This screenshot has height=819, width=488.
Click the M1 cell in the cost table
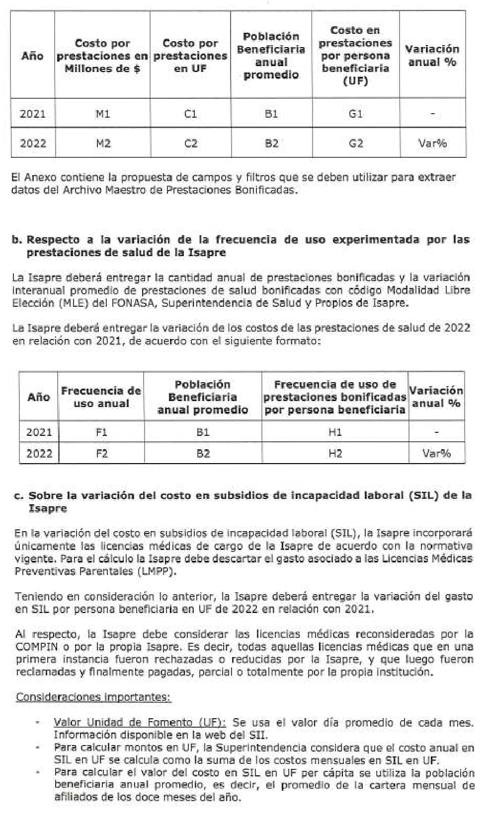click(102, 114)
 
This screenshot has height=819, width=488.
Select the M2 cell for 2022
click(102, 143)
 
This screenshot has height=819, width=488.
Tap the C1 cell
click(190, 114)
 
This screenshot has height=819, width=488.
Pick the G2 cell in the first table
click(356, 143)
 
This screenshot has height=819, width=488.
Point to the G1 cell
click(356, 114)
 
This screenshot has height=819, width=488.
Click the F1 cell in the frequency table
click(101, 432)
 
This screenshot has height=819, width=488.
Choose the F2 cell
click(101, 453)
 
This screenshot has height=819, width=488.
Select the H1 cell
click(335, 432)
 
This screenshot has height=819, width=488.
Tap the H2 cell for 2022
click(335, 453)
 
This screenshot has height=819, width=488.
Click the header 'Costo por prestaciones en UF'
click(190, 56)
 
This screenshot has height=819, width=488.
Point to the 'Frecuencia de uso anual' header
click(101, 397)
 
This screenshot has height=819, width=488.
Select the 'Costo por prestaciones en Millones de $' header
click(102, 56)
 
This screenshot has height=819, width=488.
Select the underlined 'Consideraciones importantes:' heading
click(93, 697)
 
